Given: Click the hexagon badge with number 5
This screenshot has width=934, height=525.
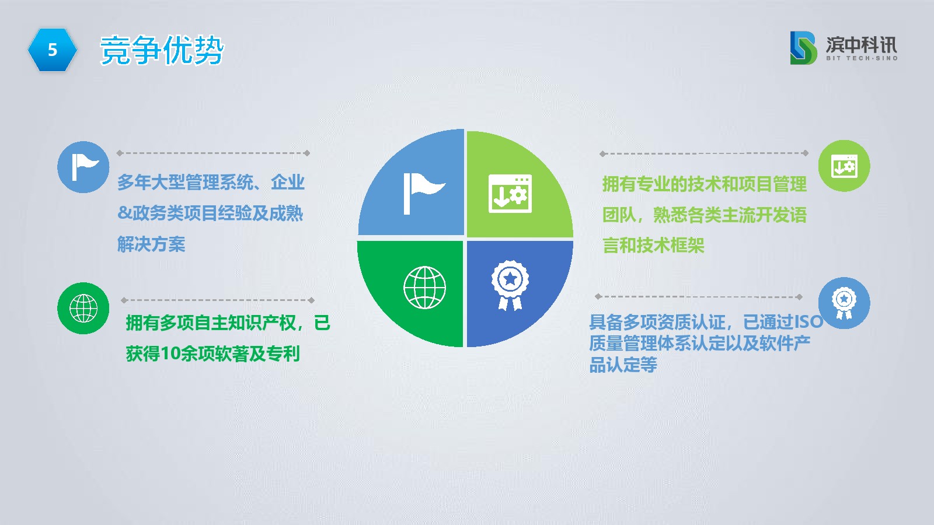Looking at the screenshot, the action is click(x=53, y=50).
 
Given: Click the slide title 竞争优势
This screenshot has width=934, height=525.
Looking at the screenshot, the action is click(x=162, y=50).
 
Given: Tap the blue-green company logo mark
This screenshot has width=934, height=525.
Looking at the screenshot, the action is click(x=803, y=48).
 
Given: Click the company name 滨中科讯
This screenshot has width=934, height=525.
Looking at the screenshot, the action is click(x=862, y=44).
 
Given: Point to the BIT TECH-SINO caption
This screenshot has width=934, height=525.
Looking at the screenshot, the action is click(x=862, y=58).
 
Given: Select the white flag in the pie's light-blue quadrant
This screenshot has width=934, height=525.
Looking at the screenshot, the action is click(x=424, y=194).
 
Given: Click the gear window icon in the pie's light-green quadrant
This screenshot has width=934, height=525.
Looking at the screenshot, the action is click(x=510, y=194).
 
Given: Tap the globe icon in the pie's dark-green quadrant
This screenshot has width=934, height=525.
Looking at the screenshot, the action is click(x=424, y=288).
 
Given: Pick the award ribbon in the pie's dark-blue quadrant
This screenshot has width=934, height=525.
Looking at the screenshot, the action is click(x=510, y=285).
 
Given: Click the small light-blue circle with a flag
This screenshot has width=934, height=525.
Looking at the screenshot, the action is click(x=83, y=167).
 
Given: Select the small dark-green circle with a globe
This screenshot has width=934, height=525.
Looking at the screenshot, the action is click(x=83, y=309).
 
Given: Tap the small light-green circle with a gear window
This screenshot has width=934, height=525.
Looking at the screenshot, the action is click(x=844, y=166).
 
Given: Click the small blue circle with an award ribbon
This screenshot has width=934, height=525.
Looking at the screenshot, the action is click(x=844, y=303).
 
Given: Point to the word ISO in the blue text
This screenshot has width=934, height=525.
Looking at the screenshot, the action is click(x=809, y=322).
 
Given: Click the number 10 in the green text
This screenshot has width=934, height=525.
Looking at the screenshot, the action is click(x=170, y=353).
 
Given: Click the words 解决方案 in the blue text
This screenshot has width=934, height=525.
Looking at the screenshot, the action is click(x=151, y=244).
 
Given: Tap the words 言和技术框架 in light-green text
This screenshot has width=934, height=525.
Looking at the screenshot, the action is click(x=653, y=245).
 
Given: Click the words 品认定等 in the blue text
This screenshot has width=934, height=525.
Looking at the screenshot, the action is click(x=623, y=365).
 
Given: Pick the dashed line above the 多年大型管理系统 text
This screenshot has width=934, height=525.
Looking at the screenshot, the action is click(x=213, y=153).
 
